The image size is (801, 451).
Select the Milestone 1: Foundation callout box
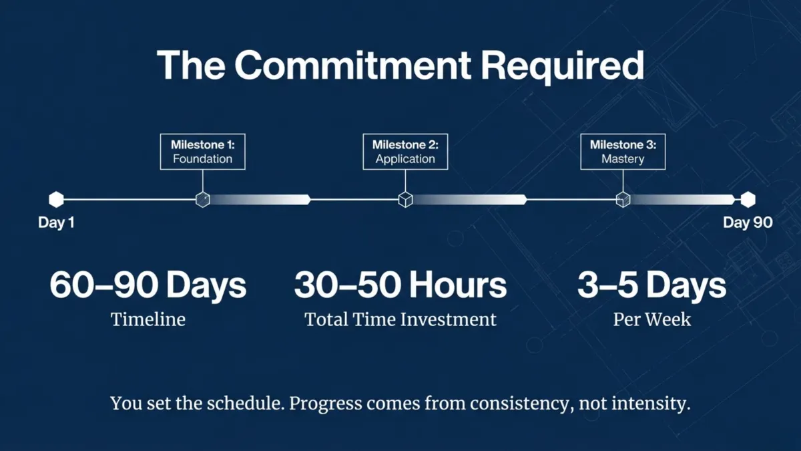point(202,152)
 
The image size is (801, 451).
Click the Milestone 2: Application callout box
point(405,152)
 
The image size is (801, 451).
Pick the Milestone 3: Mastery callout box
point(623,152)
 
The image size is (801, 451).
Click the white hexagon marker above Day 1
point(56,199)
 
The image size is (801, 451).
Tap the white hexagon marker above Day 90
point(748,199)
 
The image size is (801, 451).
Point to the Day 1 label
point(56,223)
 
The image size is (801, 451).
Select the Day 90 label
point(748,223)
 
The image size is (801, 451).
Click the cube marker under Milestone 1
point(203,199)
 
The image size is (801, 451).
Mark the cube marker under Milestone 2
point(405,199)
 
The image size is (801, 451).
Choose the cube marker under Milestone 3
point(623,199)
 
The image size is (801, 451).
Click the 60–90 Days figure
point(148,285)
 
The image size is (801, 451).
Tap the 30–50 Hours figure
point(400,285)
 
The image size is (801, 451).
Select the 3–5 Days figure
point(651,285)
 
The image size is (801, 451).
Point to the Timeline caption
point(148,320)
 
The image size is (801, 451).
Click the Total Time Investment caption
point(400,320)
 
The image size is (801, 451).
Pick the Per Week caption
point(651,320)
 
